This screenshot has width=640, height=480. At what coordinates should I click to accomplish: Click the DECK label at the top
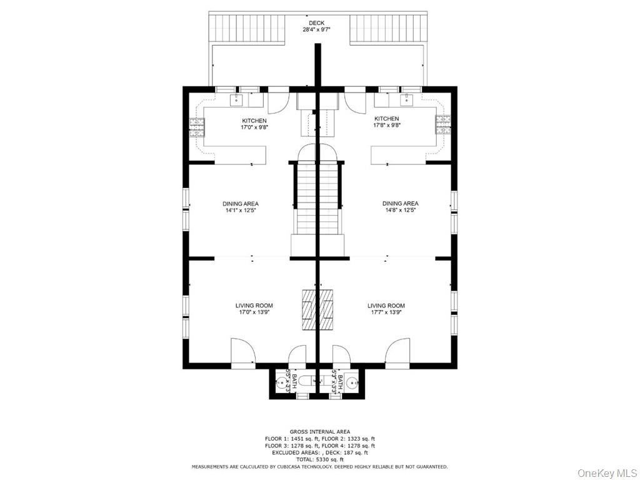[316, 23]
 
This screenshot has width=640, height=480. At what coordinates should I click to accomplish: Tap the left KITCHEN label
[254, 121]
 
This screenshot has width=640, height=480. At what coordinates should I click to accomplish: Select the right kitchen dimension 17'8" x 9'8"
[387, 125]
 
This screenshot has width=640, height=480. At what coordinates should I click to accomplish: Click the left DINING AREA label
[241, 204]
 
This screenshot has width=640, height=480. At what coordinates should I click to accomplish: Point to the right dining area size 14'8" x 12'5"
[400, 210]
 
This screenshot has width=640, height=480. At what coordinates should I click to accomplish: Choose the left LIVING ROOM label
[254, 305]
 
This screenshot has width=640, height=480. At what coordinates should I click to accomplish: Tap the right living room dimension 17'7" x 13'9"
[386, 312]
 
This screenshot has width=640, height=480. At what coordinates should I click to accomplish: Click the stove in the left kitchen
[197, 126]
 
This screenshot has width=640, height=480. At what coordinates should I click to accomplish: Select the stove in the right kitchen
[443, 124]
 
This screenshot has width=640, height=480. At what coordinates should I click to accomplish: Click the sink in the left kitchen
[236, 99]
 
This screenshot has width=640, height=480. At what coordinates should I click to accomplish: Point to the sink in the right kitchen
[406, 99]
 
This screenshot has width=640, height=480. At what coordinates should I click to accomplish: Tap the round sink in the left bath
[282, 383]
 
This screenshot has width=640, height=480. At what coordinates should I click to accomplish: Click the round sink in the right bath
[352, 383]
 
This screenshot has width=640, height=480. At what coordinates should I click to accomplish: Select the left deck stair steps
[246, 27]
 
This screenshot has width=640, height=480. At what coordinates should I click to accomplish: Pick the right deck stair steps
[387, 27]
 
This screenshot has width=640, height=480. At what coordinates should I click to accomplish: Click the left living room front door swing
[243, 350]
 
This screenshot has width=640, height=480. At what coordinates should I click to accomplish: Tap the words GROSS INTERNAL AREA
[320, 432]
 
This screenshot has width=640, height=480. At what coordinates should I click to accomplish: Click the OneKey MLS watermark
[607, 473]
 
